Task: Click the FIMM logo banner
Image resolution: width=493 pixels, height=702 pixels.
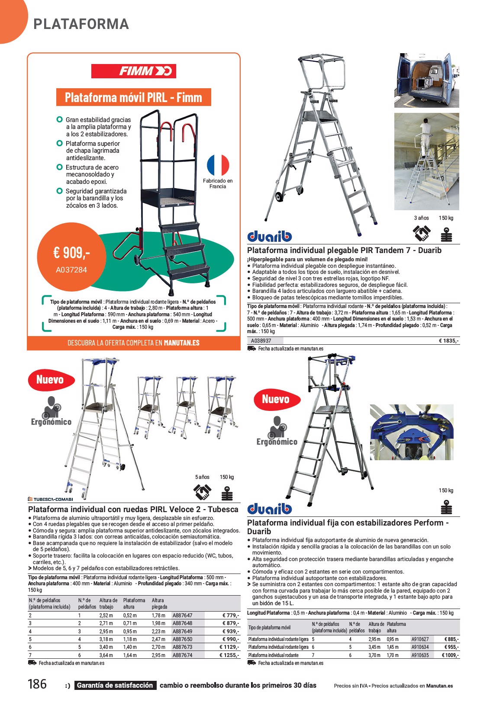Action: (133, 71)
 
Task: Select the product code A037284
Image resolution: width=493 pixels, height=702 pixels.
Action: (71, 270)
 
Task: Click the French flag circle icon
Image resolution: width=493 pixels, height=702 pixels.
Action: (218, 165)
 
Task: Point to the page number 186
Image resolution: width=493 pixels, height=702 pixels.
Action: (37, 684)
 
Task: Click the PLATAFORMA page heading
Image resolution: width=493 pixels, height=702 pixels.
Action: (81, 24)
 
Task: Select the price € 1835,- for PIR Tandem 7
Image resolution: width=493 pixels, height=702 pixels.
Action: (449, 341)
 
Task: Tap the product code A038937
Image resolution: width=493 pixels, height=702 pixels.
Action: (261, 341)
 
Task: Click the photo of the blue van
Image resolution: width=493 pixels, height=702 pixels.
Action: (426, 80)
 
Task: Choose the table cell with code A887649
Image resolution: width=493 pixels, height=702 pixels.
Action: (182, 631)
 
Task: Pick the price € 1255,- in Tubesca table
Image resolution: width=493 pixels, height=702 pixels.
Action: (229, 655)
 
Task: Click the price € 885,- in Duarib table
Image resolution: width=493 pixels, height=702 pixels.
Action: (451, 639)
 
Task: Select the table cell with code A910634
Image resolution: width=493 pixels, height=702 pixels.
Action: (420, 648)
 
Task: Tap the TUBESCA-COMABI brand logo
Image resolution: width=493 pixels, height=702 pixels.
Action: (50, 499)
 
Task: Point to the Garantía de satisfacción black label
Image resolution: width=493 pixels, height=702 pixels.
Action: (115, 686)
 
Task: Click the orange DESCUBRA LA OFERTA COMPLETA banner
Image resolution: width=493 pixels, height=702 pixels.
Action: (133, 343)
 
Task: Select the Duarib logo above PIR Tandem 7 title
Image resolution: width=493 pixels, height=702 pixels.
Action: (270, 236)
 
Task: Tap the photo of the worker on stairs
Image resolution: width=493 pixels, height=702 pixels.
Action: (426, 161)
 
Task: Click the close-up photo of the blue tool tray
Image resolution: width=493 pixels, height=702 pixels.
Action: (412, 432)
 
